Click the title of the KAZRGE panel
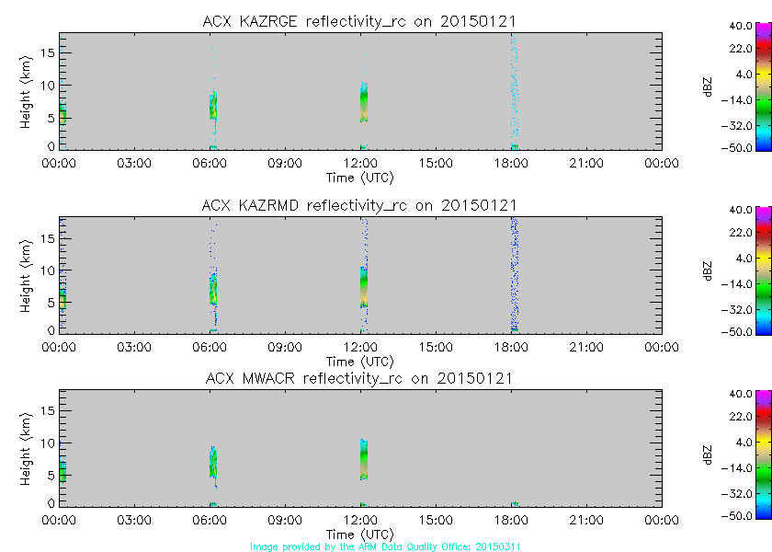tap(359, 20)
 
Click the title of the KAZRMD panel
tap(359, 204)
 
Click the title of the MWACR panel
tap(359, 378)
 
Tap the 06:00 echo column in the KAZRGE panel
tap(212, 106)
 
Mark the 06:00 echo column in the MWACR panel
tap(212, 460)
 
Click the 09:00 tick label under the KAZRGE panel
tap(285, 164)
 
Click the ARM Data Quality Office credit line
tap(385, 546)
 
